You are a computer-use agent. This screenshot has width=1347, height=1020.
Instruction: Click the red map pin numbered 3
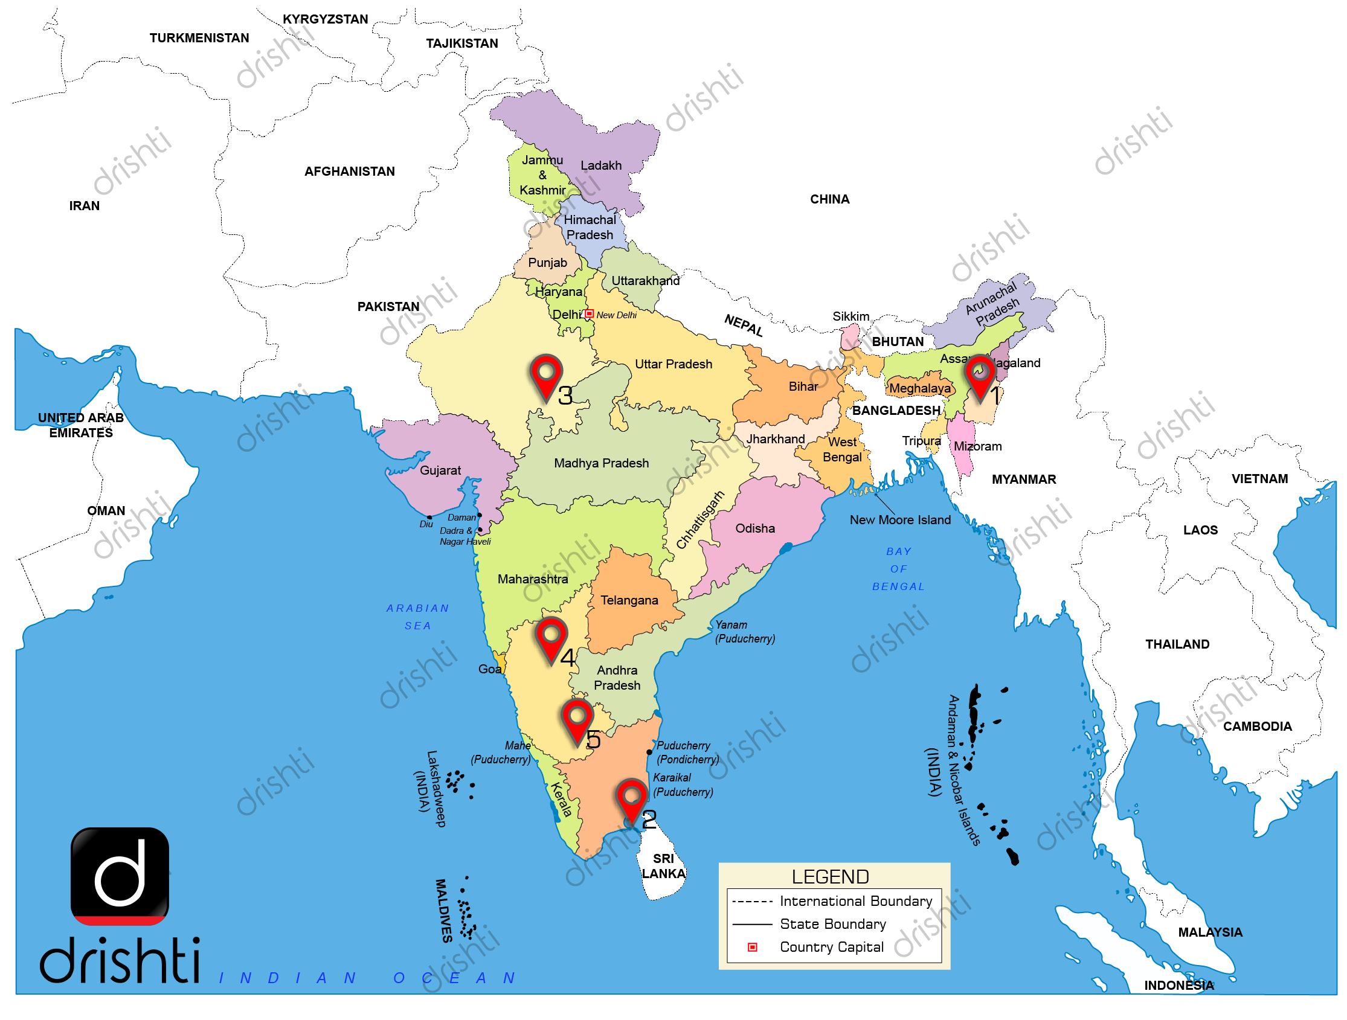[545, 375]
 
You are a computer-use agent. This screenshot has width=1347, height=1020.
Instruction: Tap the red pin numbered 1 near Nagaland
[980, 375]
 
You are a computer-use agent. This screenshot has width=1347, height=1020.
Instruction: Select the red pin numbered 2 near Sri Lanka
[631, 800]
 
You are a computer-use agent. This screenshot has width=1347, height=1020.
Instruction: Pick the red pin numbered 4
[551, 638]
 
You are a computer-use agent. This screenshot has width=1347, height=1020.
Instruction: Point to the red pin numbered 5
[577, 720]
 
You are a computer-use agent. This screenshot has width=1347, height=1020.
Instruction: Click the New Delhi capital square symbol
[589, 314]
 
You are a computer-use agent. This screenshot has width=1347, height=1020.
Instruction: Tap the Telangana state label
[629, 600]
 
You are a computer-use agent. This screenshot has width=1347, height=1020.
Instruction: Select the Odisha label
[754, 528]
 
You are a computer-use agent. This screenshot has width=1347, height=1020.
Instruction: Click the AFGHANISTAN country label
[350, 172]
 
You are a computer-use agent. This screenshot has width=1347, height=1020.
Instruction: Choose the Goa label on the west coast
[490, 669]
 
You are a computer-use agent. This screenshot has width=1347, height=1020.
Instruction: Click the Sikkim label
[850, 316]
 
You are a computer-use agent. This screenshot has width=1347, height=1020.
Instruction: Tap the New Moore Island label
[900, 520]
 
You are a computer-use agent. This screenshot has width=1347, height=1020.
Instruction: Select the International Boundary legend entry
[855, 901]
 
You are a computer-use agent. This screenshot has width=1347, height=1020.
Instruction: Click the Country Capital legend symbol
[753, 948]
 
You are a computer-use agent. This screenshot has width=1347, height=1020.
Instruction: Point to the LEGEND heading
[830, 877]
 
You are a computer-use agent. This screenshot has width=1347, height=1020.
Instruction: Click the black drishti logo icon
[120, 876]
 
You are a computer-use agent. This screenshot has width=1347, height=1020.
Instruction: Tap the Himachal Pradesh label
[589, 227]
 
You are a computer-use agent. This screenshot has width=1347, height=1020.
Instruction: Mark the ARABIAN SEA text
[418, 617]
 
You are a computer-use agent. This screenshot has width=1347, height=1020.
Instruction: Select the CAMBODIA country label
[1257, 727]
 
